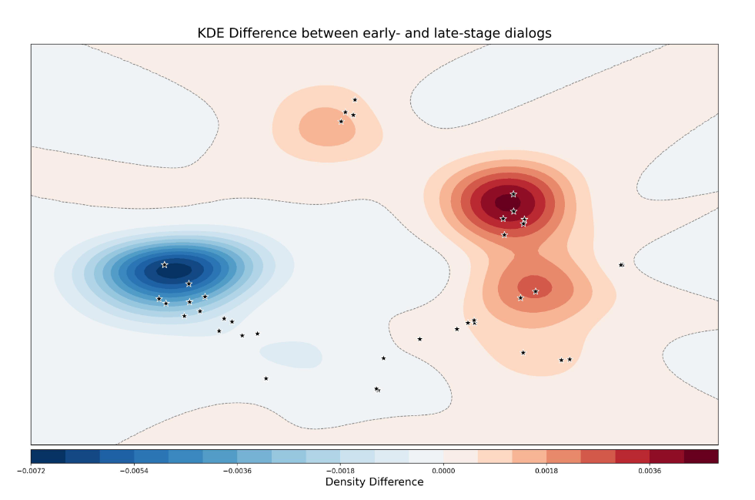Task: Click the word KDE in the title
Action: click(212, 33)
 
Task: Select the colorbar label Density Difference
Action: click(374, 482)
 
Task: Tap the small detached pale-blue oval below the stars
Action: click(291, 354)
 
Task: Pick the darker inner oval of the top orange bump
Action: click(326, 127)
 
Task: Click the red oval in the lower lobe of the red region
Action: click(534, 286)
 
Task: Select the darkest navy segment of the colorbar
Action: click(48, 456)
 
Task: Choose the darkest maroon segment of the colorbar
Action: click(701, 456)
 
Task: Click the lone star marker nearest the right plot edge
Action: click(621, 265)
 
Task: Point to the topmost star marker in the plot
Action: click(355, 100)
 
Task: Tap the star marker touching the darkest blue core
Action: click(165, 265)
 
